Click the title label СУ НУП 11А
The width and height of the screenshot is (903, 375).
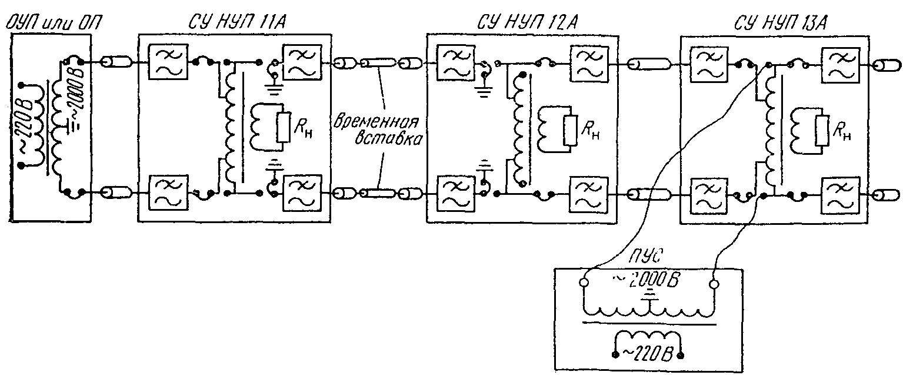pyautogui.click(x=238, y=22)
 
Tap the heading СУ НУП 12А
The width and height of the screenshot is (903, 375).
pyautogui.click(x=527, y=22)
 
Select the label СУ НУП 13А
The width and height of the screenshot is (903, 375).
pyautogui.click(x=779, y=24)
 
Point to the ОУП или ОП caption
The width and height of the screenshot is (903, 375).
pyautogui.click(x=52, y=24)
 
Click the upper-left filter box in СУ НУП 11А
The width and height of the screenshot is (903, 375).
pyautogui.click(x=168, y=62)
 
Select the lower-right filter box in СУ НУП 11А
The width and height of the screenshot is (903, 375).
pyautogui.click(x=303, y=193)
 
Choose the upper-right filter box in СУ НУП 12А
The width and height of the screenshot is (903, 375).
pyautogui.click(x=589, y=62)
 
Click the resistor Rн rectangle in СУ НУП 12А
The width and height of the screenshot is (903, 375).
pyautogui.click(x=569, y=130)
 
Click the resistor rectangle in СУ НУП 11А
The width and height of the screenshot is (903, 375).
pyautogui.click(x=284, y=127)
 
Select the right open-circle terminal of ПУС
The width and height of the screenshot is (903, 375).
pyautogui.click(x=714, y=285)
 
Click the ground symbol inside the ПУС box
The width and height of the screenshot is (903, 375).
pyautogui.click(x=649, y=295)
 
